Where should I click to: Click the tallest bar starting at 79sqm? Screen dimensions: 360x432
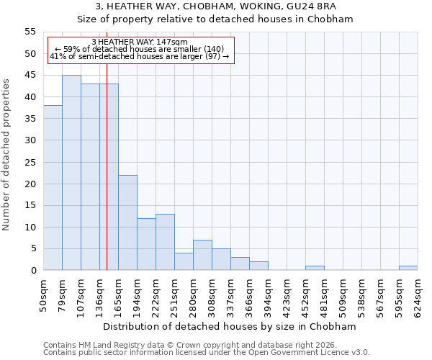(71, 173)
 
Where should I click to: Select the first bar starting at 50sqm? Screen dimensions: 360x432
(53, 188)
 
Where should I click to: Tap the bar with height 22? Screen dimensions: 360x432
(127, 222)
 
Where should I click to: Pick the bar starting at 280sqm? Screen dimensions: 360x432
(202, 255)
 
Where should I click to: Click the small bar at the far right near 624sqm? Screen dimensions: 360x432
(408, 268)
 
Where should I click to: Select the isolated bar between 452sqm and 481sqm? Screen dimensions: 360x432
(315, 268)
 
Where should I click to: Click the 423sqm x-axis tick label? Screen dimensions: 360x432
(287, 293)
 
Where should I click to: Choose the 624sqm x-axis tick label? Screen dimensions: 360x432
(418, 293)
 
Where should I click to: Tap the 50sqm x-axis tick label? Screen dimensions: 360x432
(44, 293)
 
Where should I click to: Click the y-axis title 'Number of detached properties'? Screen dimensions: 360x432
(6, 154)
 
